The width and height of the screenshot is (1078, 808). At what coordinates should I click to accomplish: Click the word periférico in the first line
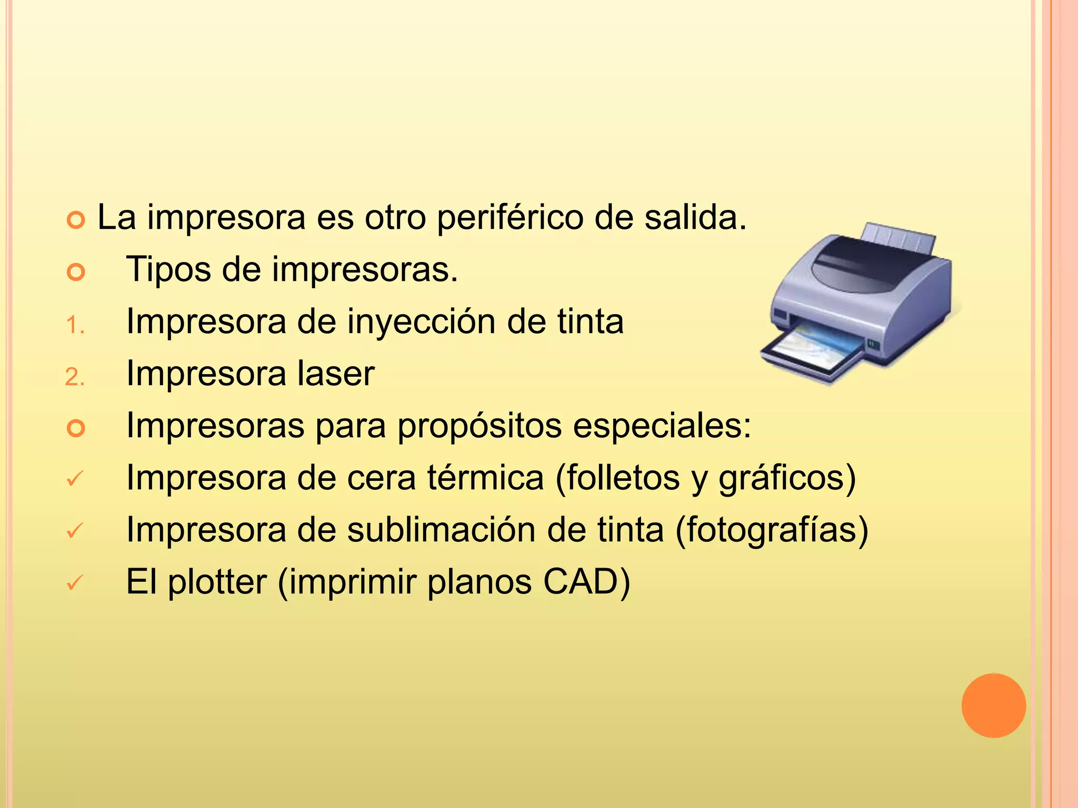click(510, 218)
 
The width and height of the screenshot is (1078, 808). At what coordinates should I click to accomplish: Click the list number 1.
click(74, 326)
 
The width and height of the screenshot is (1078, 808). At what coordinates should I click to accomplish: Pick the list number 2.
click(74, 378)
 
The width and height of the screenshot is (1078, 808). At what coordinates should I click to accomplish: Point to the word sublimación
click(441, 530)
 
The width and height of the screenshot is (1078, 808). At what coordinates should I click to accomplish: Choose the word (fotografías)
click(771, 530)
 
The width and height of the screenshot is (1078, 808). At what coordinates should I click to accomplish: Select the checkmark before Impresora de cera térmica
click(75, 478)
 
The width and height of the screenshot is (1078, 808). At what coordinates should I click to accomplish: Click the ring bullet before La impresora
click(76, 220)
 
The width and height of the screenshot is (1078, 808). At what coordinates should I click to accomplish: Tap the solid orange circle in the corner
click(993, 705)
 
